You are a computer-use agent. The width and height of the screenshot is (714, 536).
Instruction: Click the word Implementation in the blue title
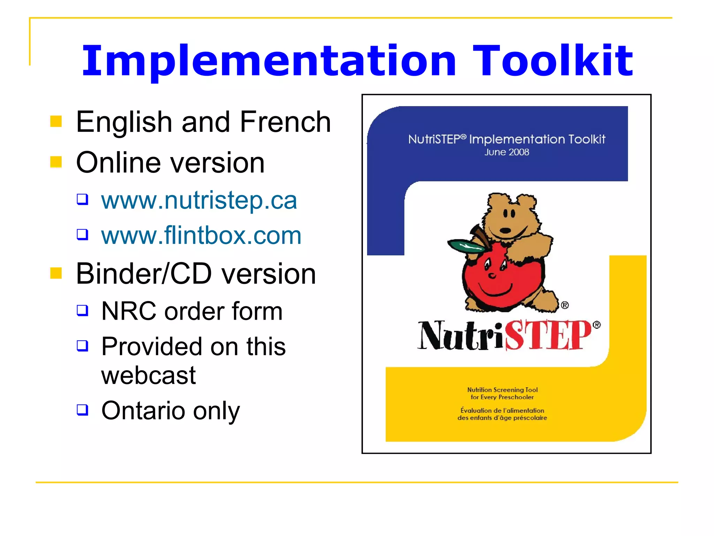269,61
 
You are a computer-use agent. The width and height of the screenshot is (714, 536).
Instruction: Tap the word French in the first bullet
285,122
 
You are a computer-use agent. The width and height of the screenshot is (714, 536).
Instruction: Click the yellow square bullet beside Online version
56,162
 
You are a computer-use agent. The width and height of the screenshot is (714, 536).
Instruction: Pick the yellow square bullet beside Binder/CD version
56,273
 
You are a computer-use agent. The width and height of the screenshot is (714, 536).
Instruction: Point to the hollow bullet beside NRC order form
83,310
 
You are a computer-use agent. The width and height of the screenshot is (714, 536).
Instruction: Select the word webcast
149,375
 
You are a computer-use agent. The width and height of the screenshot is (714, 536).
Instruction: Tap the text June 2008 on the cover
507,152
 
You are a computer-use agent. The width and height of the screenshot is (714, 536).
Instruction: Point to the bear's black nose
505,230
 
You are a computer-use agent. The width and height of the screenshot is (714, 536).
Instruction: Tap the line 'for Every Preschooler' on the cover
502,397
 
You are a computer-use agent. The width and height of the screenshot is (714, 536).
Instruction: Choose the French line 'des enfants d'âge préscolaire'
502,418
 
